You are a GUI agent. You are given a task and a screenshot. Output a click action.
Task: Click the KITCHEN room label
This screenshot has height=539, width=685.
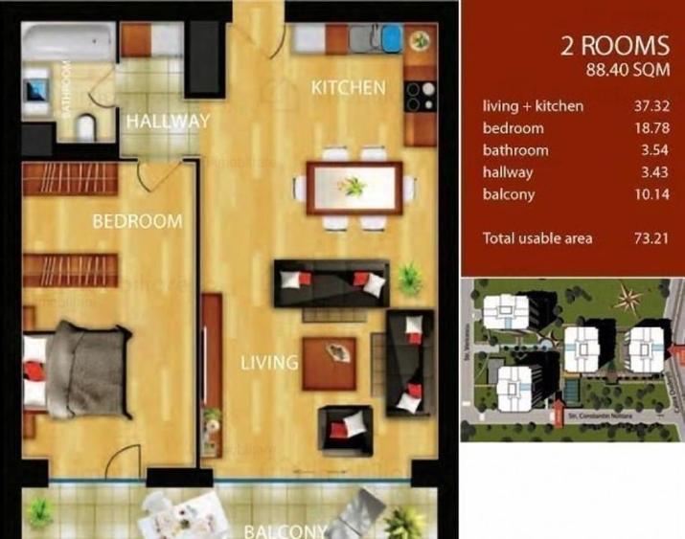coord(349,87)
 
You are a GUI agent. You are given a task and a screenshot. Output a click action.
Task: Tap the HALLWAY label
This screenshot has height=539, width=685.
coord(168,122)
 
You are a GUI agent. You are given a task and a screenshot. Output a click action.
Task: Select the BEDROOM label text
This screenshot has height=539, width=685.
coord(137,221)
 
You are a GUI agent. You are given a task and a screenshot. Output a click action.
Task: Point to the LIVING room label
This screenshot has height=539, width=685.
coord(269,363)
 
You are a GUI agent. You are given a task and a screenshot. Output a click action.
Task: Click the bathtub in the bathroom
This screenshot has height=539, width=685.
coord(67,42)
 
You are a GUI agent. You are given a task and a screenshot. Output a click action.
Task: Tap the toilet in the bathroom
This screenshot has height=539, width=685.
coord(85,124)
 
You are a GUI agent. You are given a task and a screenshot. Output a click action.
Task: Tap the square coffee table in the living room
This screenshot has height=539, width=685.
coord(330,362)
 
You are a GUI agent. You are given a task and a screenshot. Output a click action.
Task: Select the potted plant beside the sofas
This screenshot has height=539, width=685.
coord(411,277)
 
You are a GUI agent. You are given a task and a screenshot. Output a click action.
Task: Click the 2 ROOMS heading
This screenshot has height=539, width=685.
coord(614,46)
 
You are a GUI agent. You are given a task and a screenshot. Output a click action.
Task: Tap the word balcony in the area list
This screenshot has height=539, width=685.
coord(509,194)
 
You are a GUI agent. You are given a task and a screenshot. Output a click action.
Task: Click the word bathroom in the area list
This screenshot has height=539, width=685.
coord(515,150)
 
